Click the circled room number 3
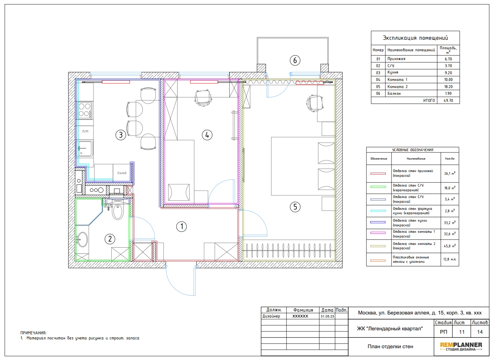coord(120,135)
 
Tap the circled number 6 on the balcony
coord(295,60)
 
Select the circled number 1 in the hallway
coord(182,226)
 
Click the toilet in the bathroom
coord(118,212)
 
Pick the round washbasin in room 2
coord(82,240)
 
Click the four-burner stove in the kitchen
coord(85,110)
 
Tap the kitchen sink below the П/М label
coord(85,148)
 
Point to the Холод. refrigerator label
coord(122,173)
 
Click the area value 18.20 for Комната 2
coord(448,87)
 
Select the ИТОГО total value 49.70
coord(448,101)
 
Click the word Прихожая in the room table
coord(396,59)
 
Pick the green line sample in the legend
coord(378,187)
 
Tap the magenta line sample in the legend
coord(378,232)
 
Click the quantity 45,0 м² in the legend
coord(449,246)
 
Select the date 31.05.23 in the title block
coord(327,316)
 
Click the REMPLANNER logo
coord(461,347)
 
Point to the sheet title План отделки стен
coord(390,347)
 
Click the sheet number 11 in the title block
coord(462,332)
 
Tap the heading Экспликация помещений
coord(415,38)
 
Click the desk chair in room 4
coord(203,98)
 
